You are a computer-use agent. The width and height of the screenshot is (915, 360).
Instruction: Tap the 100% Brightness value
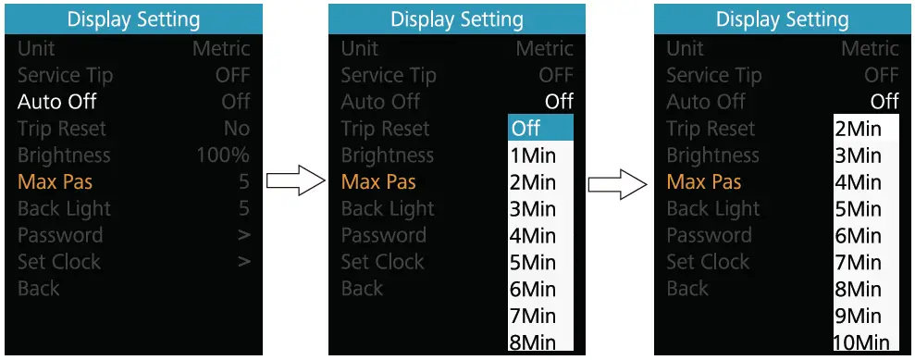pos(222,155)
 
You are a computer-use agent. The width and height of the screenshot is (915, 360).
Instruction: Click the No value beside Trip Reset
pos(236,129)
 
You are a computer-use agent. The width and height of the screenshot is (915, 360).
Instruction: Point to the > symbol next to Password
pos(243,235)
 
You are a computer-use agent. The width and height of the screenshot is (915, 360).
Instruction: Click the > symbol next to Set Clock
pos(243,262)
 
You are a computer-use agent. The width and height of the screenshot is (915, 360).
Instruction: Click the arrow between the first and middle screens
pos(291,181)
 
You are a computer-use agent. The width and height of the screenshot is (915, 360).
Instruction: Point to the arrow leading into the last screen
pos(617,181)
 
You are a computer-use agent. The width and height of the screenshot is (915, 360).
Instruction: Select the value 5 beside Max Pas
pos(243,182)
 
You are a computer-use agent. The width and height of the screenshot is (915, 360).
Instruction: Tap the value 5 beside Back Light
pos(243,209)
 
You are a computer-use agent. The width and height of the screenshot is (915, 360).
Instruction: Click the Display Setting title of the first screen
pos(133,19)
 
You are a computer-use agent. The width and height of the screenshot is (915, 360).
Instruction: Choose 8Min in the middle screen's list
pos(533,342)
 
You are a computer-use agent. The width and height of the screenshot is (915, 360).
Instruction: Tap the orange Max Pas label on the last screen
pos(704,182)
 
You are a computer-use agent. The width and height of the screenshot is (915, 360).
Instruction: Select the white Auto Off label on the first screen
pos(57,102)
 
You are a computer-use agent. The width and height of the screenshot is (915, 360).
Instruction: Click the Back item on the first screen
pos(38,289)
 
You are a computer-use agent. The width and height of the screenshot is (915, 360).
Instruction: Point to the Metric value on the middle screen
pos(545,48)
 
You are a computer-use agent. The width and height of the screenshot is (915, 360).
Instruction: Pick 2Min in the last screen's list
pos(858,129)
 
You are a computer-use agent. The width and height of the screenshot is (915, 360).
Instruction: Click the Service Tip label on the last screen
pos(714,75)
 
